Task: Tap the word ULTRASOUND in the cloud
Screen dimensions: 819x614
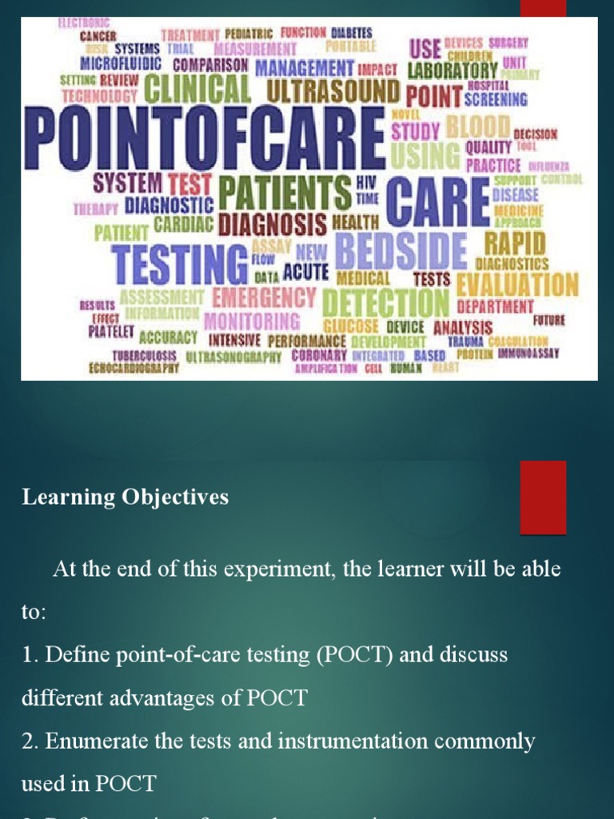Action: pyautogui.click(x=332, y=90)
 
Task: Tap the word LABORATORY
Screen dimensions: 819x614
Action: pyautogui.click(x=452, y=70)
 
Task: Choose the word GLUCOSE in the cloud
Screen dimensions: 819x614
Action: pyautogui.click(x=351, y=326)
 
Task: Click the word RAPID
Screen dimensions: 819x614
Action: pyautogui.click(x=514, y=242)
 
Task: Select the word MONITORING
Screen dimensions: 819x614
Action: pyautogui.click(x=252, y=322)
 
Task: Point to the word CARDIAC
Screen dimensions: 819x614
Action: pyautogui.click(x=183, y=223)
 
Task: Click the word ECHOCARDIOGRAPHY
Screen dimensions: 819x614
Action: pyautogui.click(x=134, y=369)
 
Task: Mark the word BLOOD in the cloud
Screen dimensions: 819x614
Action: pyautogui.click(x=478, y=126)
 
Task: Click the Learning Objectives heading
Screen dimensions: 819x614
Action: pyautogui.click(x=125, y=497)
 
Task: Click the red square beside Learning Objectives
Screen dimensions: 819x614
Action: pyautogui.click(x=543, y=497)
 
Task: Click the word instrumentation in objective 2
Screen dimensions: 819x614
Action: pyautogui.click(x=373, y=741)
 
